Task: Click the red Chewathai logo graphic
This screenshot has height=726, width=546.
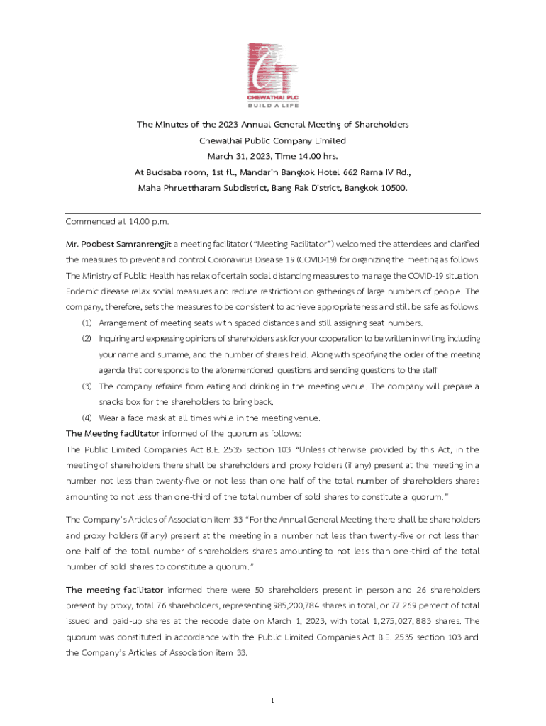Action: (x=273, y=67)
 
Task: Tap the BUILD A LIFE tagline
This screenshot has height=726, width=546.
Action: (x=273, y=104)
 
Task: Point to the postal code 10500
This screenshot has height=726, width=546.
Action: (x=392, y=188)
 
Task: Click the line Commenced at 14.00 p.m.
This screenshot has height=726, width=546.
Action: (x=117, y=222)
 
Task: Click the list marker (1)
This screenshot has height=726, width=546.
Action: (x=87, y=323)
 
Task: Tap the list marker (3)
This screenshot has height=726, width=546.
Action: (x=87, y=386)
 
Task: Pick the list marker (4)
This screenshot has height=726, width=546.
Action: (x=87, y=418)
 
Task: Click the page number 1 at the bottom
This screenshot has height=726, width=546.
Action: (x=272, y=701)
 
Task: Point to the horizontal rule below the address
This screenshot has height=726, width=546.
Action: (x=273, y=213)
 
